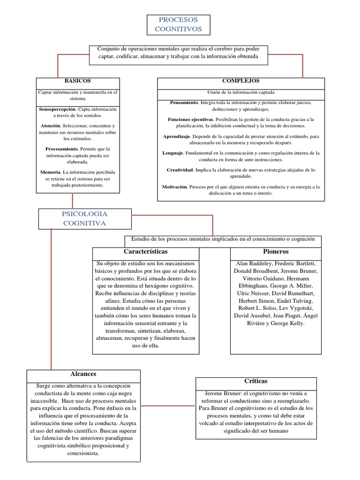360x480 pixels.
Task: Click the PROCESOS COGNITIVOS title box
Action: coord(178,24)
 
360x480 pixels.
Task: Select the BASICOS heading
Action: coord(78,81)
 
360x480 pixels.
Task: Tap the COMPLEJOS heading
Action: coord(241,81)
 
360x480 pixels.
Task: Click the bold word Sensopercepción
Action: coord(58,109)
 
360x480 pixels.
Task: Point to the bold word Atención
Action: coord(51,126)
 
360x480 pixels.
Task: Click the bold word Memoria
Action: coord(50,172)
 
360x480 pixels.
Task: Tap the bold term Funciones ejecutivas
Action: coord(191,120)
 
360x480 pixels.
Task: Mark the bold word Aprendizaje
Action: coord(177,136)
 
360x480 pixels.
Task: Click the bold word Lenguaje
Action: coord(172,153)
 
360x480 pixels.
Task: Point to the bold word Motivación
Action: coord(174,187)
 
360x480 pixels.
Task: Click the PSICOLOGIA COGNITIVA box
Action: coord(84,218)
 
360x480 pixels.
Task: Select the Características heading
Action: coord(145,253)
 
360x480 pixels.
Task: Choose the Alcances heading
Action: coord(83,374)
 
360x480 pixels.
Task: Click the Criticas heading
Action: coord(255,381)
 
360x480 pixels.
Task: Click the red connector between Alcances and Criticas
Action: coord(168,405)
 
